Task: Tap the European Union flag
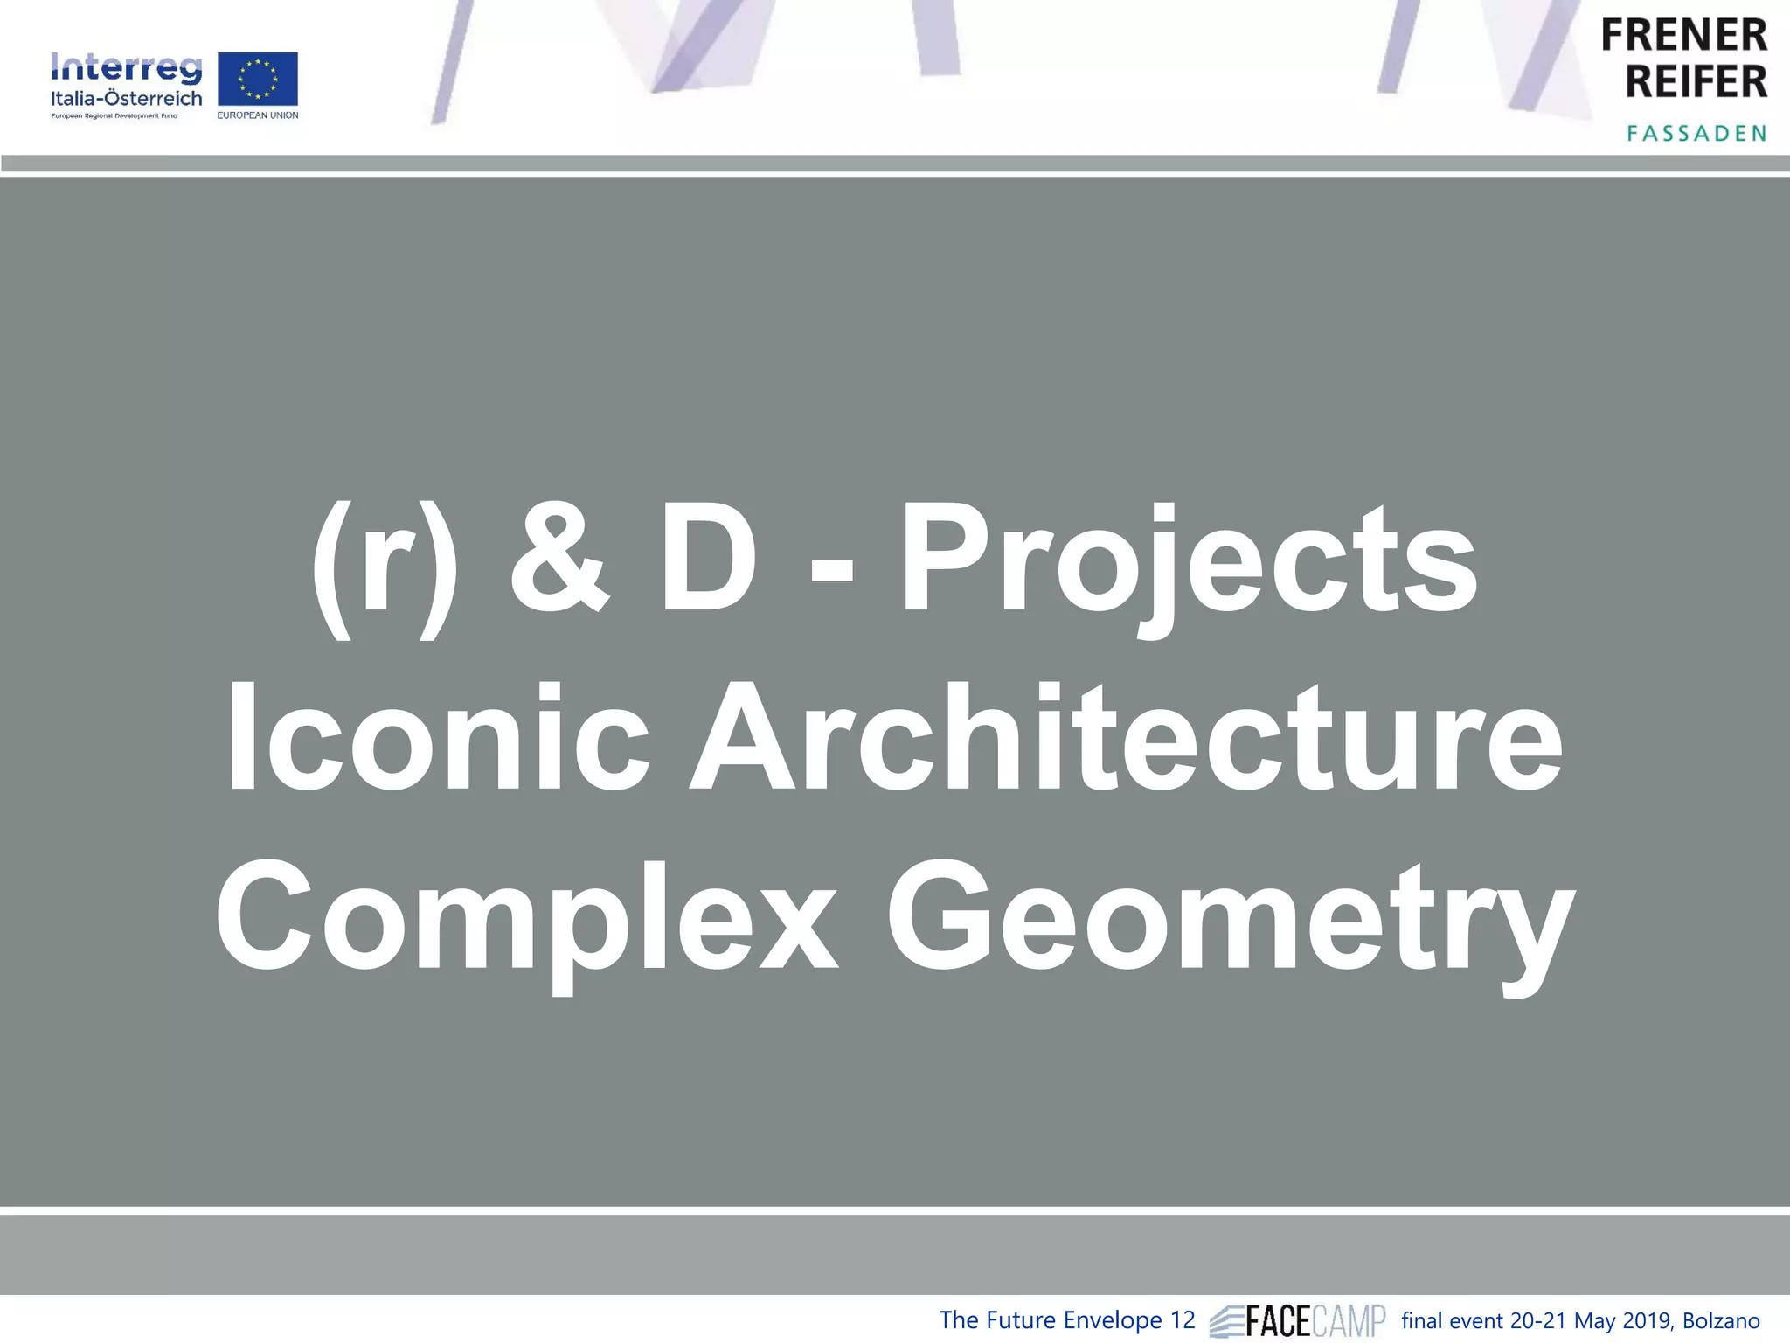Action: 257,80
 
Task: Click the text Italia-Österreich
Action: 126,99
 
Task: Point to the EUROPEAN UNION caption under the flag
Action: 258,115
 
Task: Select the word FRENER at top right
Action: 1683,36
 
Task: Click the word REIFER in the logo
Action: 1696,82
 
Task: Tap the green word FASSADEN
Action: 1696,133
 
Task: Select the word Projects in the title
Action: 1189,564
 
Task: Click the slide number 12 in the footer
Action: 1182,1319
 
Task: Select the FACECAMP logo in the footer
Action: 1298,1320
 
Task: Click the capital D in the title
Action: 708,560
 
